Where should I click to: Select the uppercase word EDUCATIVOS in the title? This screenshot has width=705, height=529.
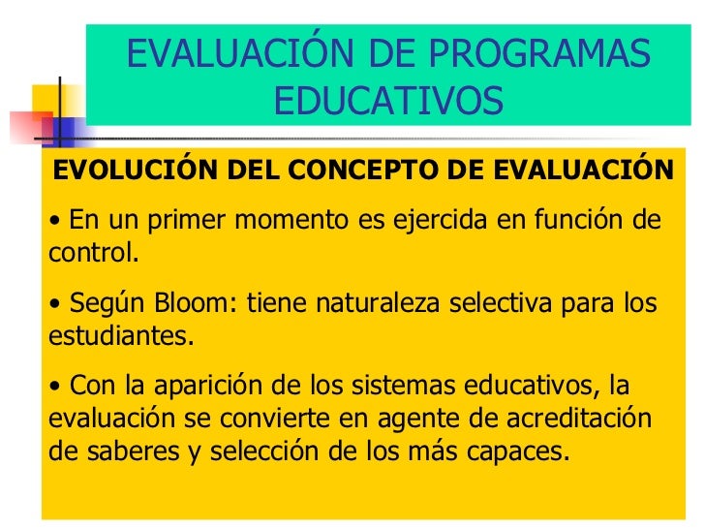389,99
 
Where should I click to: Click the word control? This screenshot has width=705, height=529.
90,255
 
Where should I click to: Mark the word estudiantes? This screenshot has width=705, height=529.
118,337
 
